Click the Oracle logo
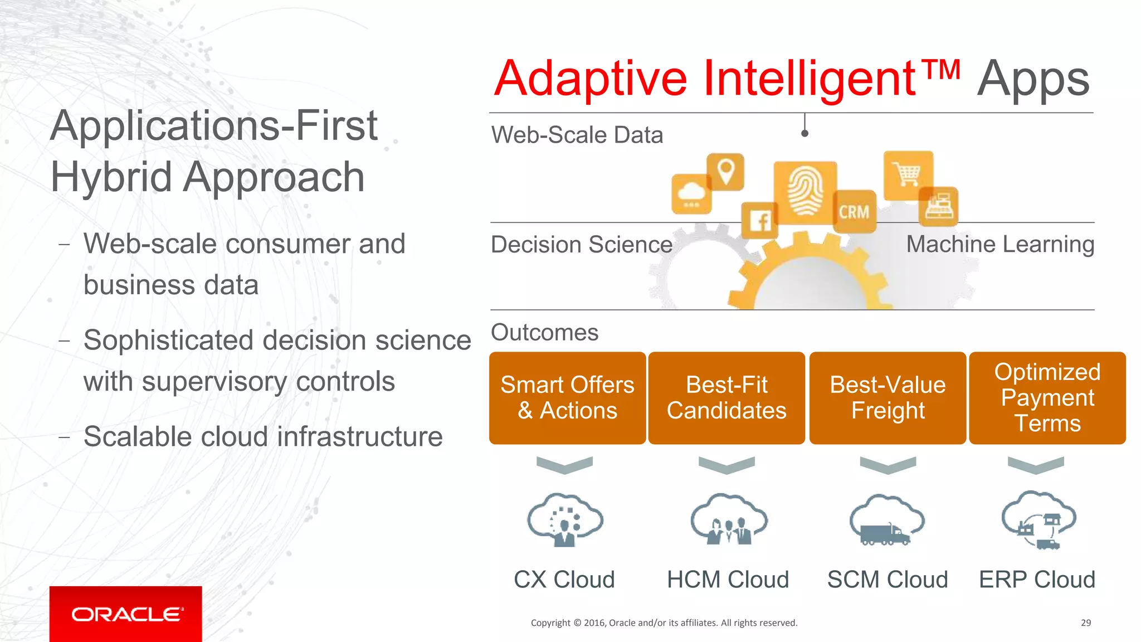click(x=126, y=614)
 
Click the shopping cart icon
click(x=908, y=175)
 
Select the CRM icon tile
click(x=854, y=212)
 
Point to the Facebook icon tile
click(x=760, y=220)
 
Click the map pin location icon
click(x=725, y=171)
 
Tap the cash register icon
click(x=939, y=207)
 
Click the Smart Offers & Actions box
click(x=567, y=398)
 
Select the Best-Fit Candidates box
click(x=726, y=398)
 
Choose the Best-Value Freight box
click(x=888, y=398)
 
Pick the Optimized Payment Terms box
click(x=1047, y=398)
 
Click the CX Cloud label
click(x=564, y=580)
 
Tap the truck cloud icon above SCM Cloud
click(x=886, y=521)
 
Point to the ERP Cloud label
click(x=1037, y=580)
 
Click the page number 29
click(x=1085, y=623)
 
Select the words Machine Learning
click(x=1000, y=245)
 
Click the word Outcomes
click(x=544, y=333)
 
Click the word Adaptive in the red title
click(x=591, y=79)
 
